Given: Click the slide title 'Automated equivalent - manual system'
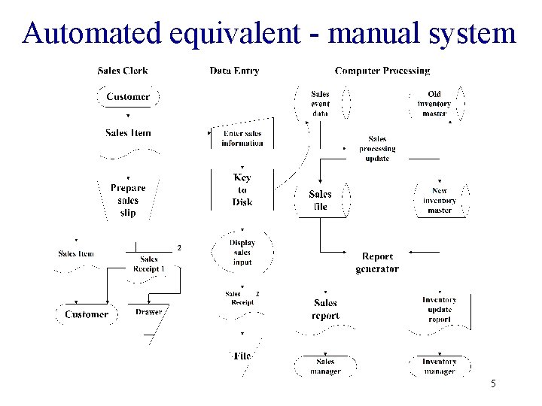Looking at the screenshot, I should [269, 33].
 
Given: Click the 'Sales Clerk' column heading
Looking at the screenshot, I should [123, 71].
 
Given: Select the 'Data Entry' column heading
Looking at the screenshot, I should [234, 71].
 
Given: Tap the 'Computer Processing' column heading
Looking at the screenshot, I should [382, 71].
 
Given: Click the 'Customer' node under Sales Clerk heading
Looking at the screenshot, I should [127, 96].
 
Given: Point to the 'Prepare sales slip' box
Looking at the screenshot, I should [128, 200].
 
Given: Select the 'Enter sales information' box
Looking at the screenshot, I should [242, 138].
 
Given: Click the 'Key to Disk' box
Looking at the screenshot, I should [242, 190].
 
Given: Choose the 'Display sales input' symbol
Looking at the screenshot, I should [242, 253].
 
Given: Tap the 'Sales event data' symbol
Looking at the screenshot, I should [321, 104].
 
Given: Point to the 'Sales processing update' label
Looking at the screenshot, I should [377, 148].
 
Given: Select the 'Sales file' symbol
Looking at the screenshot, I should [321, 200].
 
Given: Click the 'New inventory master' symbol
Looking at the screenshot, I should [440, 201].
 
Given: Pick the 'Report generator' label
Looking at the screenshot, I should [377, 263].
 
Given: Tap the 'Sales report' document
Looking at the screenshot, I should [325, 310].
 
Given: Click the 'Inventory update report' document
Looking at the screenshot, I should [439, 310].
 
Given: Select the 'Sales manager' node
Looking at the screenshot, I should [325, 366].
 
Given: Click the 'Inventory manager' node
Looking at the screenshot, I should [439, 366].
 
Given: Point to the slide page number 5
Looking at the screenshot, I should [493, 384].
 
